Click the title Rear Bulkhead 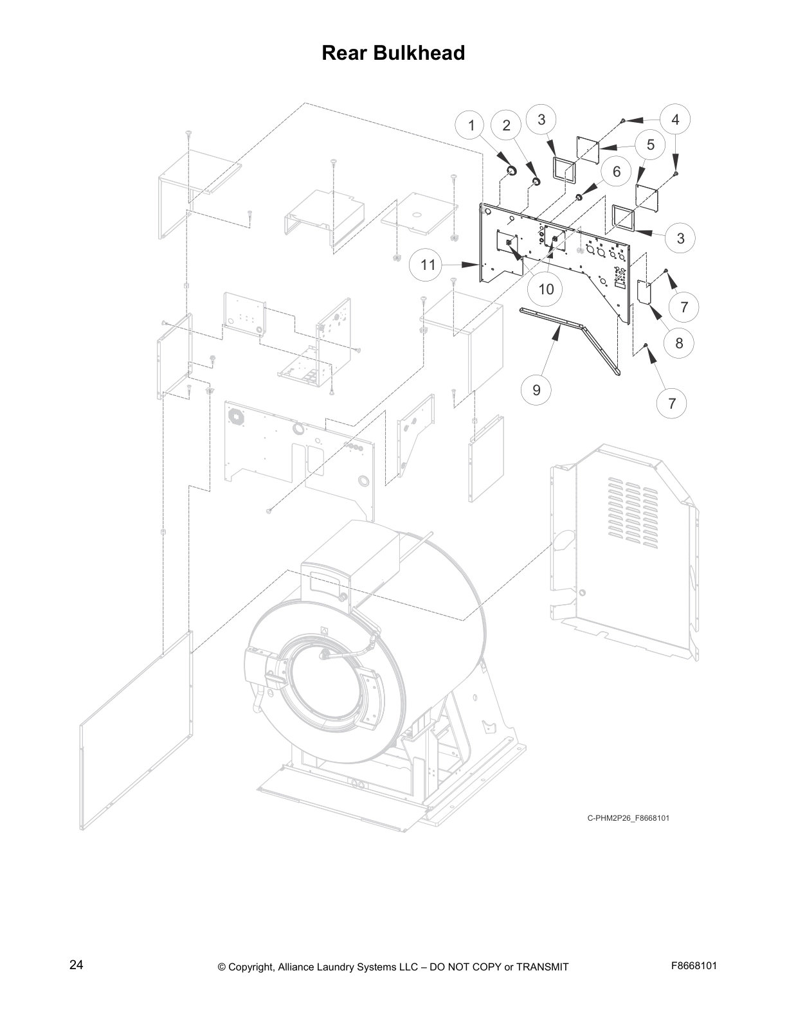click(393, 53)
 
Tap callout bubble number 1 click(471, 125)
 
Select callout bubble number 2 click(506, 125)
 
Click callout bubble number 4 click(675, 120)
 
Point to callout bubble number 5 click(651, 145)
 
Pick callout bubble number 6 click(617, 171)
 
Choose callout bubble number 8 click(679, 343)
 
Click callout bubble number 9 click(537, 389)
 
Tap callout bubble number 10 click(545, 289)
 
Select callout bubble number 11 click(428, 265)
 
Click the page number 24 click(76, 965)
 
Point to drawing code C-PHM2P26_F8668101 click(628, 818)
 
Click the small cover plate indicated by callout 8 click(644, 292)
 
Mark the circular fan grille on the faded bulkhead click(237, 416)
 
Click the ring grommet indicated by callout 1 click(512, 170)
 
